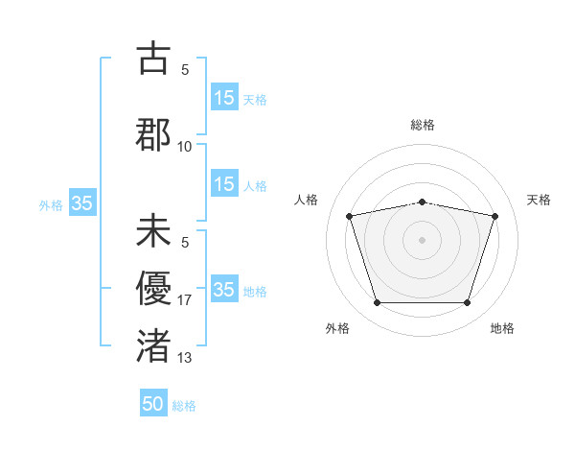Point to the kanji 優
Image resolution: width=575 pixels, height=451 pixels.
[x=153, y=286]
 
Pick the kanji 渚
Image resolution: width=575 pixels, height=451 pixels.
[x=153, y=343]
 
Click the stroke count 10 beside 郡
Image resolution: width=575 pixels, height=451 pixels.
[x=185, y=146]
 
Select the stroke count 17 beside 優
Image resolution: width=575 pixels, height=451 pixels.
[x=185, y=300]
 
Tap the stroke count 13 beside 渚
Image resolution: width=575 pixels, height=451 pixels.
[x=185, y=358]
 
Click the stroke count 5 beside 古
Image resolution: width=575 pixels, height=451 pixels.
[x=185, y=70]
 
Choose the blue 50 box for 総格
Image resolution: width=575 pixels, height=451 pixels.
[x=153, y=405]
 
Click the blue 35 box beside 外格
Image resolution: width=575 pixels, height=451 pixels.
[x=82, y=203]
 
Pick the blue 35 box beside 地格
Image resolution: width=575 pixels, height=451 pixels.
[x=224, y=290]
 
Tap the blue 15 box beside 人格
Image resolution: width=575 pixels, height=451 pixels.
[x=224, y=184]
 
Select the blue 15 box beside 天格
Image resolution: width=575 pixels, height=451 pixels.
[x=224, y=98]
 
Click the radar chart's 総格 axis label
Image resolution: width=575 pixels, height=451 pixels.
[x=423, y=125]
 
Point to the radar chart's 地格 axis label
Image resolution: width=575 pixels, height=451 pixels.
[x=502, y=329]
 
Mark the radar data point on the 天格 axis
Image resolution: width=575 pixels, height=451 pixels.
[x=494, y=217]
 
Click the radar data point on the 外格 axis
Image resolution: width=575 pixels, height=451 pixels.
[x=378, y=303]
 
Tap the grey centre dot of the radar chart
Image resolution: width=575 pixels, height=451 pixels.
[x=423, y=240]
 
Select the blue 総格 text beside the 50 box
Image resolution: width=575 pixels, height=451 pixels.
[x=184, y=406]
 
